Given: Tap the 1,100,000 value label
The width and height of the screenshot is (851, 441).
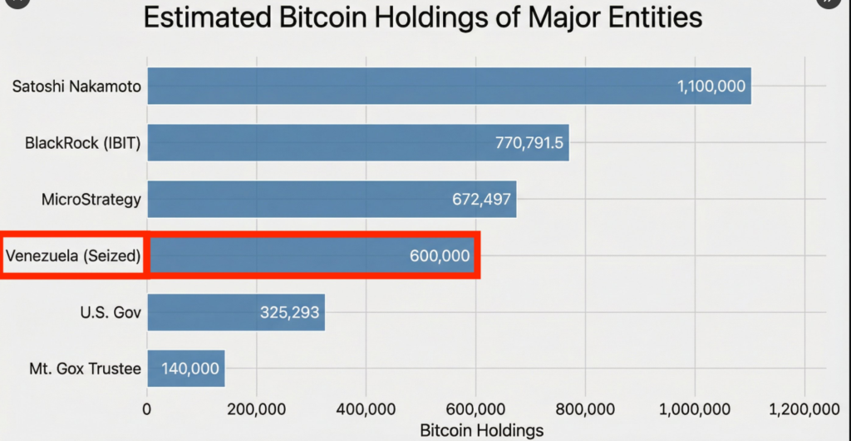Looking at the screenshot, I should click(x=711, y=87).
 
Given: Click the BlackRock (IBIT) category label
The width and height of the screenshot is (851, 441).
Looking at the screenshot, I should click(x=82, y=143).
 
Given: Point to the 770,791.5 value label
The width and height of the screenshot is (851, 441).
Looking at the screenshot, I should click(x=529, y=143).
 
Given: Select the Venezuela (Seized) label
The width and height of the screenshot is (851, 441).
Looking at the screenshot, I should click(x=73, y=255).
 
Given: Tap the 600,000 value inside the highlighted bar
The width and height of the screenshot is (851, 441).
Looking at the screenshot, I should click(x=440, y=255).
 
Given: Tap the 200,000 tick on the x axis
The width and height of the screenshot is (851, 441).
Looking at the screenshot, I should click(x=256, y=409).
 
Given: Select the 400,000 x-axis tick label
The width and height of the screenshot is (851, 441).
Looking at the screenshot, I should click(x=366, y=409).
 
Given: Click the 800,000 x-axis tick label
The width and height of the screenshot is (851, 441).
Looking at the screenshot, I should click(x=584, y=409).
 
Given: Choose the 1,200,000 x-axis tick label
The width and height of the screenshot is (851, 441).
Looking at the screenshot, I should click(x=803, y=409).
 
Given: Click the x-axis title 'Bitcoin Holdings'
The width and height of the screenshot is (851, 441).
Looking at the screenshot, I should click(x=481, y=430).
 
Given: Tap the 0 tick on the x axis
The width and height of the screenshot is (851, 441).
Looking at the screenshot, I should click(x=147, y=409).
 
